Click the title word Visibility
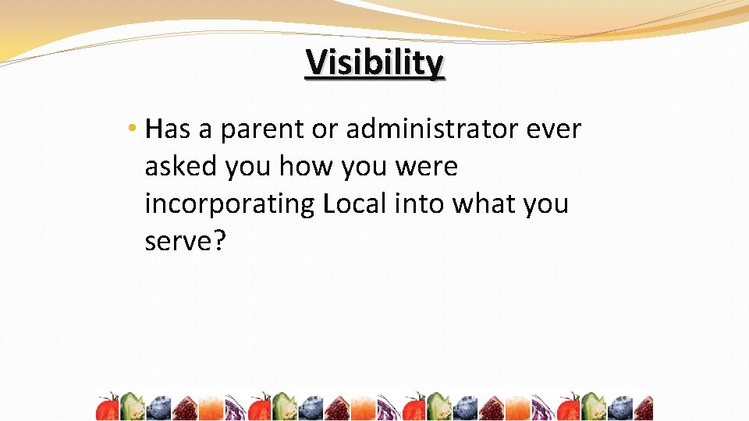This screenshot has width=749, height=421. pos(374,63)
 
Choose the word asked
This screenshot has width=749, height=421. pos(181,166)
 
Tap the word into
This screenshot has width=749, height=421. pos(417,203)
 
